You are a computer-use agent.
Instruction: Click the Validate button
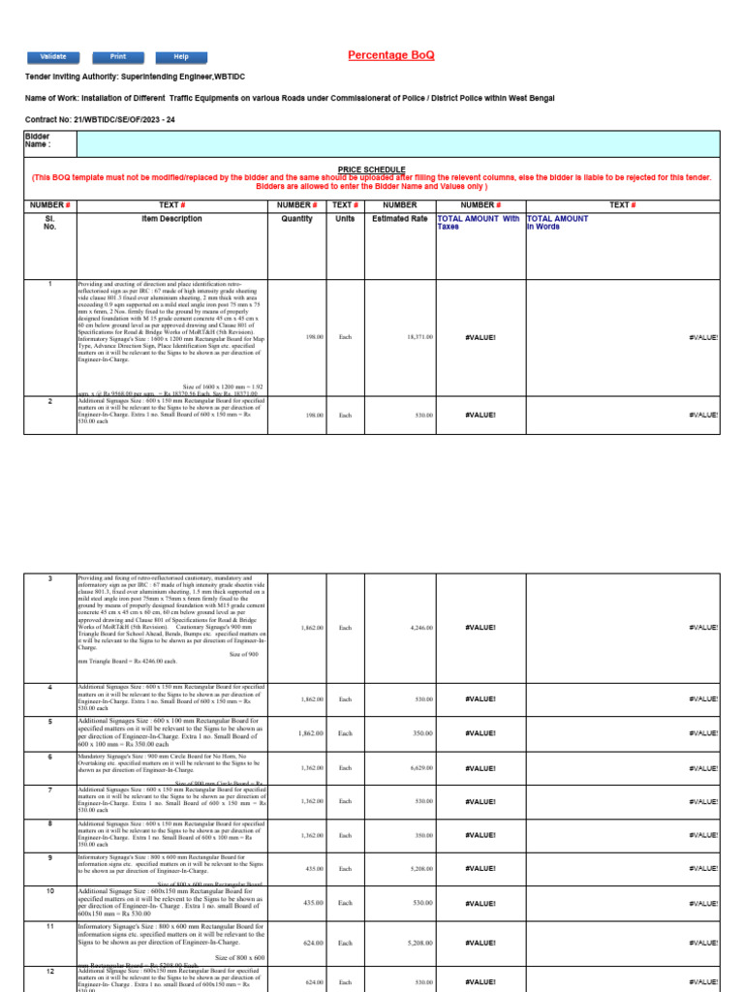click(52, 57)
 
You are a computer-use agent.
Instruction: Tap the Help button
click(181, 57)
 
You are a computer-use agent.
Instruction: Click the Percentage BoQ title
click(390, 55)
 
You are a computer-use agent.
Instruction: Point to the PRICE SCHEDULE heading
click(371, 169)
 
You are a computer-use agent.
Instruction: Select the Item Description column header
click(170, 219)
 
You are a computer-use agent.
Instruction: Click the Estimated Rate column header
click(399, 219)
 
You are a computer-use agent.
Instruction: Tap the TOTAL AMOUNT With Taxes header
click(479, 224)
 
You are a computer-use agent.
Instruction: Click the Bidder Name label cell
click(49, 143)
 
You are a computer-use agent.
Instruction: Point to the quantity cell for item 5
click(311, 733)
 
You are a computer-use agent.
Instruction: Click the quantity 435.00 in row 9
click(313, 869)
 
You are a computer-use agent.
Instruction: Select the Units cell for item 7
click(345, 801)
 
